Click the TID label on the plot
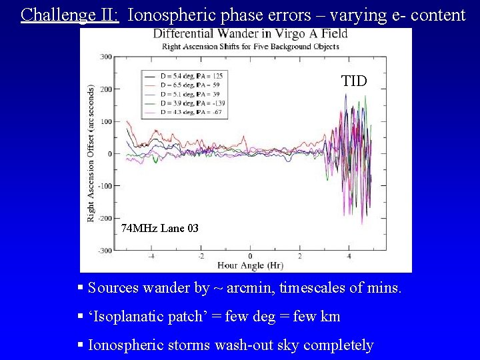(x=354, y=81)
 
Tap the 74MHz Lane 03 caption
(x=160, y=229)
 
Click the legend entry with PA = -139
(x=191, y=104)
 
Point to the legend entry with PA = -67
(x=191, y=113)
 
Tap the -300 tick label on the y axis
(x=105, y=251)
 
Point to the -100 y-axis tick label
(x=105, y=186)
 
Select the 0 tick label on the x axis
(x=250, y=257)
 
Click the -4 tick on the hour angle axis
(x=151, y=257)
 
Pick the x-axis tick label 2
(x=300, y=257)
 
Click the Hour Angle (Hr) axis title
(x=250, y=265)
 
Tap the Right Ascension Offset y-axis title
(x=91, y=153)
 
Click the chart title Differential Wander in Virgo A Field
(x=250, y=35)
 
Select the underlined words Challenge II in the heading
(x=70, y=14)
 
